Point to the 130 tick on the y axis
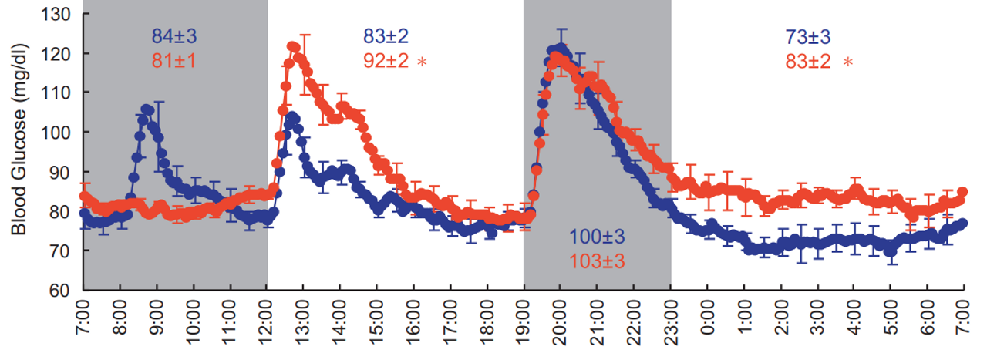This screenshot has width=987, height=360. (x=60, y=14)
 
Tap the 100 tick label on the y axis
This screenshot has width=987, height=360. (x=60, y=133)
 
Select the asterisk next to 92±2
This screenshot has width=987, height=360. (x=422, y=61)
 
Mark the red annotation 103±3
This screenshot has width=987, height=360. (x=595, y=261)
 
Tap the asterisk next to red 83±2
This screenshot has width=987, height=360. (x=848, y=61)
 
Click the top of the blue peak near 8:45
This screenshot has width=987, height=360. (x=147, y=109)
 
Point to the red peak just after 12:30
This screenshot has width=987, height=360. (x=292, y=47)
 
